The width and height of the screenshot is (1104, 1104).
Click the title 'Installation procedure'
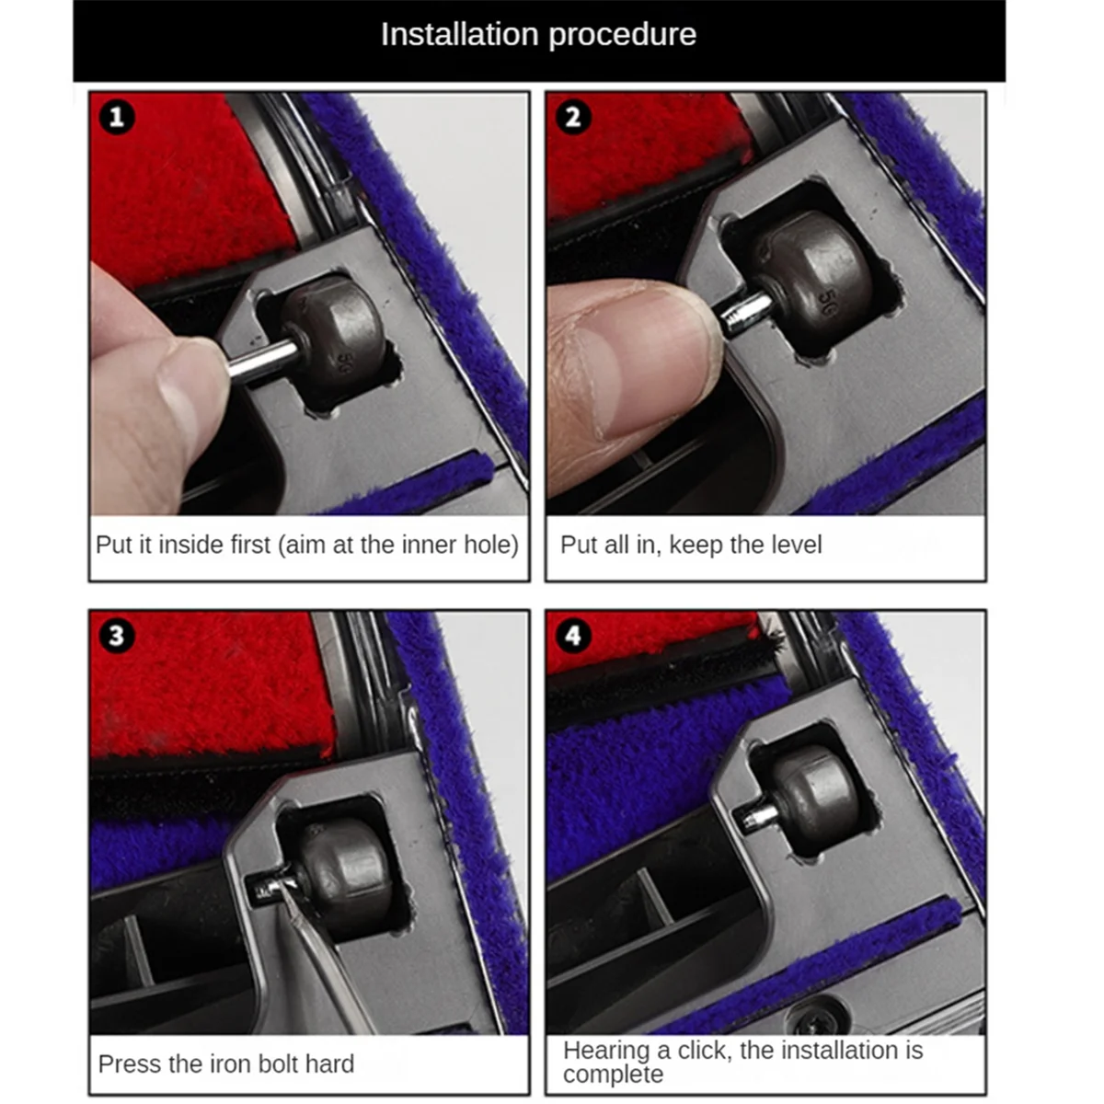click(x=538, y=35)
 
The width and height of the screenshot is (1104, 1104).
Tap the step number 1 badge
click(x=116, y=117)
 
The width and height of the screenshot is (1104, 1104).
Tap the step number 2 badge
click(x=573, y=117)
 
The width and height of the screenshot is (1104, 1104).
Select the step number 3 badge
click(x=116, y=636)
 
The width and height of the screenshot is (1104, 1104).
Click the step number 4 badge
click(x=573, y=636)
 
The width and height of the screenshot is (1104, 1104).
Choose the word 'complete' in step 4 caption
click(x=613, y=1075)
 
